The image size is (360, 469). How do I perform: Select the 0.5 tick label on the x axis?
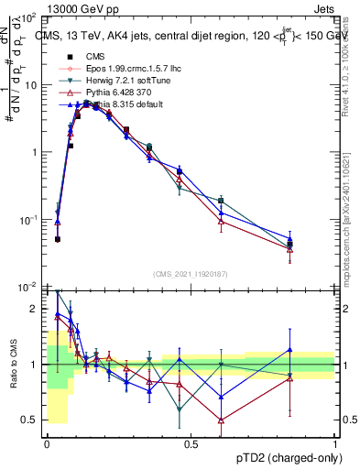tap(191, 443)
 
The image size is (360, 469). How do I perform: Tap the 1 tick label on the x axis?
tap(335, 443)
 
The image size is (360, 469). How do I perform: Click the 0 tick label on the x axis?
tap(48, 443)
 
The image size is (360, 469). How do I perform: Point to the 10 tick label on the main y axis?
tap(30, 84)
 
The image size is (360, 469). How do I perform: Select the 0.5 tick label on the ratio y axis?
tap(31, 420)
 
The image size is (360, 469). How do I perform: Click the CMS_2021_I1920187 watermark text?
tap(190, 274)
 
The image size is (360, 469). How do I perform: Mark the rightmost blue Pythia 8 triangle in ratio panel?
tap(290, 349)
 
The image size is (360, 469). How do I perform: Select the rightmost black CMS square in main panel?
tap(290, 245)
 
